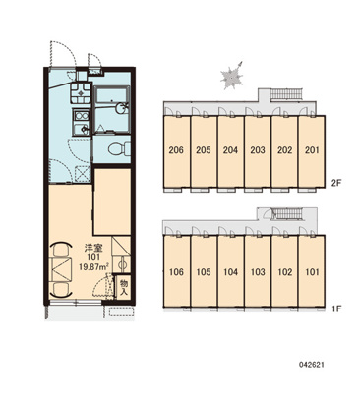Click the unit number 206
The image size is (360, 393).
point(176,150)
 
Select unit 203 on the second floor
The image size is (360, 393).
point(258,150)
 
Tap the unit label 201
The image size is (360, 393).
point(312,150)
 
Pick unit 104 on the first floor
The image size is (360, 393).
point(231,272)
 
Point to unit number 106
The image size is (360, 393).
point(176,272)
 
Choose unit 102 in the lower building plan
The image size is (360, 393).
point(285,272)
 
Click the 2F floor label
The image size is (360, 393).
point(336,183)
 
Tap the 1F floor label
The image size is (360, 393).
point(336,309)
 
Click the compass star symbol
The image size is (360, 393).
point(232,77)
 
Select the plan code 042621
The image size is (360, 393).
point(311,365)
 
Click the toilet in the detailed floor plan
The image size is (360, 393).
point(119,149)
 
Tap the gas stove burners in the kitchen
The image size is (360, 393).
point(80,92)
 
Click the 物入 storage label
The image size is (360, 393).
point(124,287)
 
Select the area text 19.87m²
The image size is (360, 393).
point(94,266)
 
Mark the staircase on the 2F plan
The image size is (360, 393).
point(286,94)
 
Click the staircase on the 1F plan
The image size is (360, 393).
point(287,214)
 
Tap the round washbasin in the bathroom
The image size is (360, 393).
point(122,107)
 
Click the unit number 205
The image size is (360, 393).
point(204,150)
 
